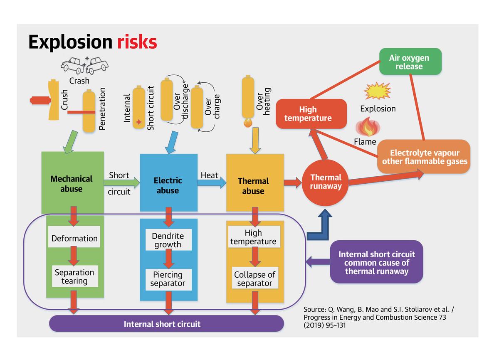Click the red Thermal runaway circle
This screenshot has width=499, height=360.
326,182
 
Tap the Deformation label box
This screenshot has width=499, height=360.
74,238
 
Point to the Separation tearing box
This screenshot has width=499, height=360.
74,276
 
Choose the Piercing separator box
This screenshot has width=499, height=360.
168,279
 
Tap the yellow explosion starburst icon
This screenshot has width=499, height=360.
377,91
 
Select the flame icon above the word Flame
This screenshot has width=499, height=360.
366,127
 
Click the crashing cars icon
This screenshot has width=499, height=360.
84,64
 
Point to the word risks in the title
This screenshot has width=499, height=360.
137,42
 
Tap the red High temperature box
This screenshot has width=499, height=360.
311,113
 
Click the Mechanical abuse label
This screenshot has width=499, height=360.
72,184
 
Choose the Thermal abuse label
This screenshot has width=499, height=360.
253,186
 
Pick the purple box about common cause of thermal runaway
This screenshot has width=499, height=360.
376,262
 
